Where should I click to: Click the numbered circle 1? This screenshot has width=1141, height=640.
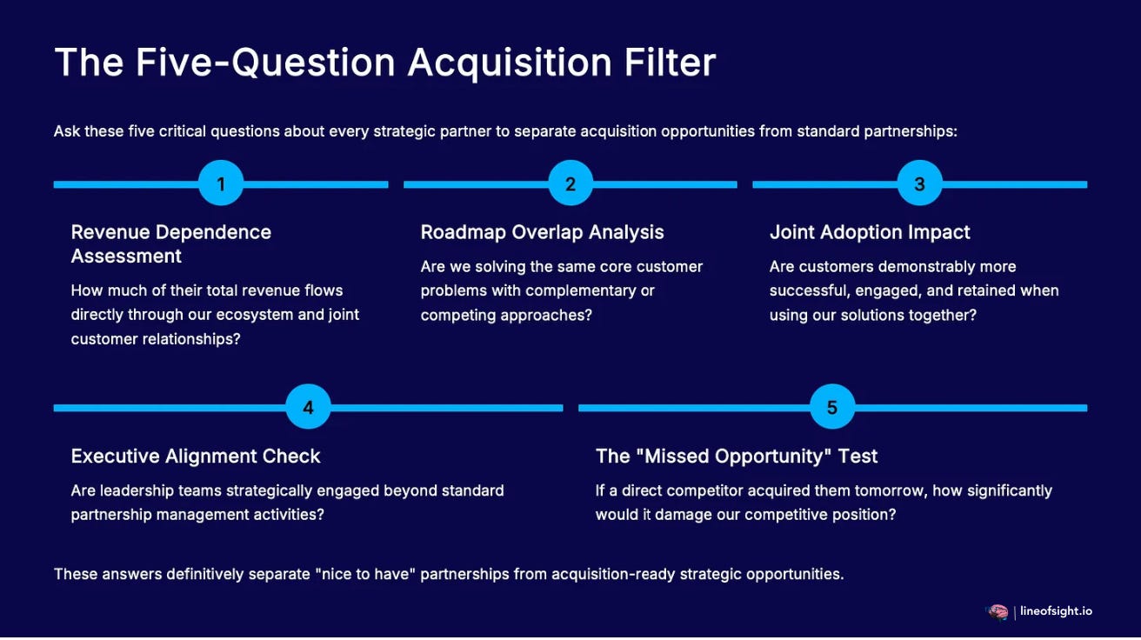(221, 183)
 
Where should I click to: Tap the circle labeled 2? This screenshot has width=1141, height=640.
(570, 183)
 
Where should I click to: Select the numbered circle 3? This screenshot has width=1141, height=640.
(919, 183)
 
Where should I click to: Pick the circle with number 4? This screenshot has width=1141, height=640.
(308, 407)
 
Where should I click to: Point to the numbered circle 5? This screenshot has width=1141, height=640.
(832, 407)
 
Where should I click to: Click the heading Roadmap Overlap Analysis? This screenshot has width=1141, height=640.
(542, 232)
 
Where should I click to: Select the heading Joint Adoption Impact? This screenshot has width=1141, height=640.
(870, 232)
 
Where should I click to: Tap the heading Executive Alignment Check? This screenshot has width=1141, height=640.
(196, 456)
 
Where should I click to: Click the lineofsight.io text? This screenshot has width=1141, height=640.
(1057, 611)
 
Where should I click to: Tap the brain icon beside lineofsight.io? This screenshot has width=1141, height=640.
(997, 612)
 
